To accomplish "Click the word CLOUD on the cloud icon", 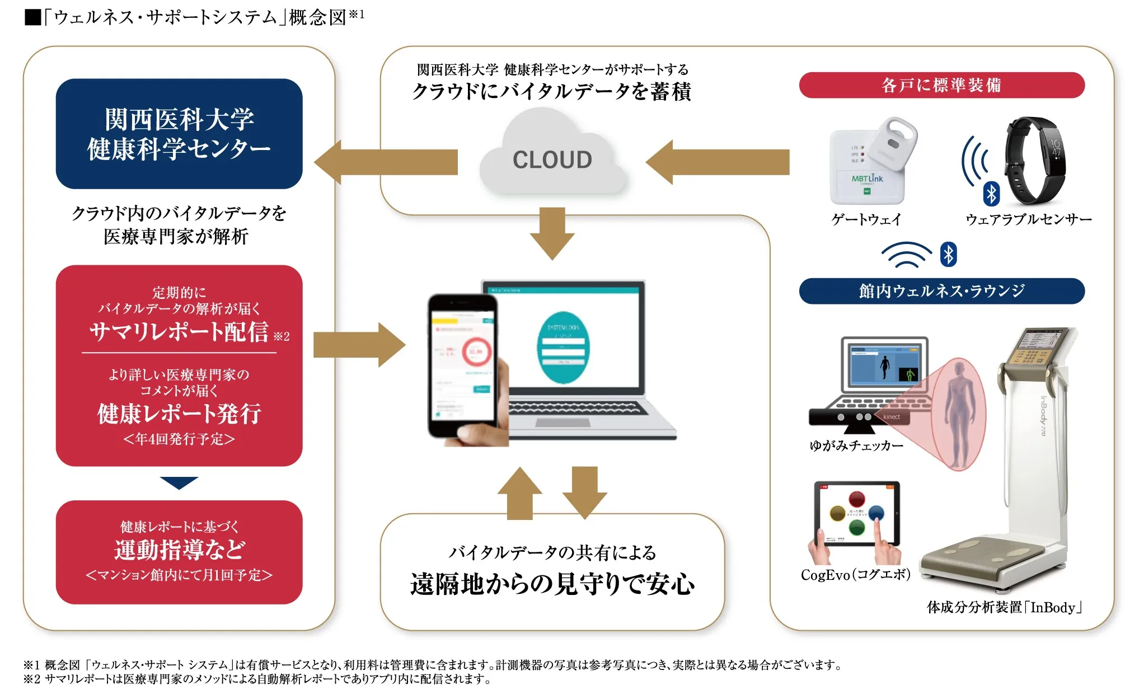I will point(552,160).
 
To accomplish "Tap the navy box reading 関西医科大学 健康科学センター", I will point(179,134).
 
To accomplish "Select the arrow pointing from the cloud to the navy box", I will point(386,162).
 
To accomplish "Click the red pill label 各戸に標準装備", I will point(941,85).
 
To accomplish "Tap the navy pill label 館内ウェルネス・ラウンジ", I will point(941,291).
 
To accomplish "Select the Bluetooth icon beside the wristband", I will point(991,194).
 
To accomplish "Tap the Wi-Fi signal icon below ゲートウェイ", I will point(906,255).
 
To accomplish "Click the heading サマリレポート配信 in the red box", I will point(179,331).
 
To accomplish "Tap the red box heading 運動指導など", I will point(179,550).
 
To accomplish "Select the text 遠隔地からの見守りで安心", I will point(552,584).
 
